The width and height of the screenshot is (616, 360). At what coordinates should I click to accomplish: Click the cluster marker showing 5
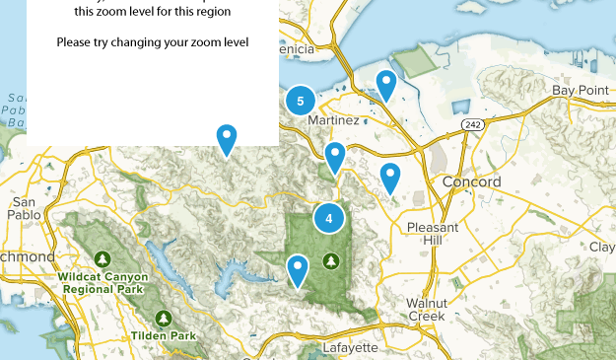click(301, 101)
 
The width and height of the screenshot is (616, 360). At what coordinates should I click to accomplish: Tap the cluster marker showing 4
click(329, 218)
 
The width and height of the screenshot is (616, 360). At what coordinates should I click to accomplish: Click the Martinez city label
click(333, 120)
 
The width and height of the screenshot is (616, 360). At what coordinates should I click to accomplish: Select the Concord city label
click(471, 182)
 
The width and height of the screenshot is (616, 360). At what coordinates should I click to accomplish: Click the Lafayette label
click(350, 348)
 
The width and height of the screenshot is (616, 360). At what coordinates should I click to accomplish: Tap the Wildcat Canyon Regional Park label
click(102, 284)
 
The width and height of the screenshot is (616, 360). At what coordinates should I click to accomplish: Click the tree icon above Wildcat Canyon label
click(103, 259)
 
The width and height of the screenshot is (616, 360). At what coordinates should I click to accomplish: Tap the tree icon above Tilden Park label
click(164, 319)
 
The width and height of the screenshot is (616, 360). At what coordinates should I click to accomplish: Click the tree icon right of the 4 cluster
click(331, 259)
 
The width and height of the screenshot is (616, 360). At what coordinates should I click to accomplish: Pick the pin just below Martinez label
click(335, 155)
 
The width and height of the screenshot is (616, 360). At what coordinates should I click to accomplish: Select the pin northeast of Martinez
click(386, 84)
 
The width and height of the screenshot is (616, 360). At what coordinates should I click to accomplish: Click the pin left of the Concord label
click(390, 177)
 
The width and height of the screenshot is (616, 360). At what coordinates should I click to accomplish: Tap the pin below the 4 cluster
click(297, 268)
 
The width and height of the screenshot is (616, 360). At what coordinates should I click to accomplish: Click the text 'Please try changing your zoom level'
click(153, 42)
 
